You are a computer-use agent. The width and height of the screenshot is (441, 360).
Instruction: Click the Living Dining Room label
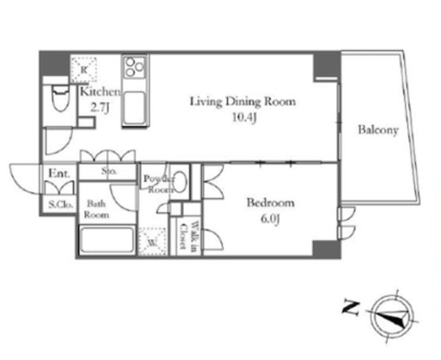243,102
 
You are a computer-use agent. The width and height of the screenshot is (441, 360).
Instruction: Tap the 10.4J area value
245,118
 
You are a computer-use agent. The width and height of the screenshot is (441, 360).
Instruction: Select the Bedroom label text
271,203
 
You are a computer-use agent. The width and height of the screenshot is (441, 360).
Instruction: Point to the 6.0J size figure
269,219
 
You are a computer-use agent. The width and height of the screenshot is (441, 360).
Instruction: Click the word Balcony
378,130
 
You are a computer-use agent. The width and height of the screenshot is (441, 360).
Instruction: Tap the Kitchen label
101,92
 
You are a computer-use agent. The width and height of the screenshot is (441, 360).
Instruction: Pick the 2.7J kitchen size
99,108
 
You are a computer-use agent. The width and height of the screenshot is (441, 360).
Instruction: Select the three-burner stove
134,67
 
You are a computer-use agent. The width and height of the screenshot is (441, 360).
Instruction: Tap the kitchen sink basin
134,108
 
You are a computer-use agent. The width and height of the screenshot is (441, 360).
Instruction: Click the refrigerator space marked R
83,70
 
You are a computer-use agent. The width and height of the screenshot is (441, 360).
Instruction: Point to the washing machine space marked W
152,241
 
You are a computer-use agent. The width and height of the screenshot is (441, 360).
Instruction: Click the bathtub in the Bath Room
107,240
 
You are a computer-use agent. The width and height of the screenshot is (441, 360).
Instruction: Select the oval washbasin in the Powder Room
180,182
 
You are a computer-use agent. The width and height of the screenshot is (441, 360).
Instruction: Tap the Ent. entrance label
59,173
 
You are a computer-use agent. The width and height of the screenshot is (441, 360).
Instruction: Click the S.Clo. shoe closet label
61,204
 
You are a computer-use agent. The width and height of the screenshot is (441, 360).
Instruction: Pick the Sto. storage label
109,171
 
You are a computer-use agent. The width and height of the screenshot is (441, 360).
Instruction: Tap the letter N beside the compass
351,308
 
